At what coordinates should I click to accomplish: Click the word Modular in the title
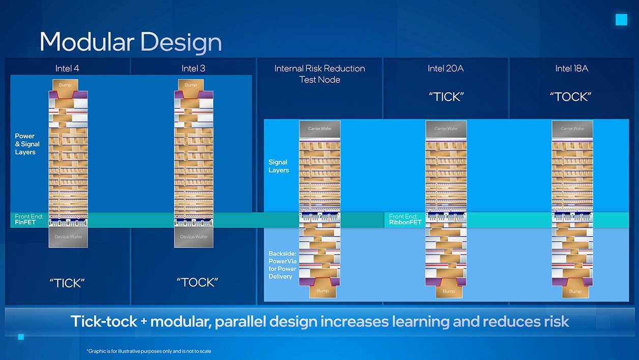(86, 42)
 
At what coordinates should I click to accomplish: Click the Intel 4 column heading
(67, 69)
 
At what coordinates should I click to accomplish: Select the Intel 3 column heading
(193, 69)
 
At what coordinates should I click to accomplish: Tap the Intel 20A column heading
(446, 69)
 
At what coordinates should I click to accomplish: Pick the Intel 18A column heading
(572, 69)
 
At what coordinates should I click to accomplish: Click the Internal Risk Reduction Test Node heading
(319, 74)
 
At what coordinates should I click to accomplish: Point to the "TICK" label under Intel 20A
(446, 97)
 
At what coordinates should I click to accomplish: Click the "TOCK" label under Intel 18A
(570, 97)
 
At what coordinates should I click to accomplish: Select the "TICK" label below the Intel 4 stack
(67, 283)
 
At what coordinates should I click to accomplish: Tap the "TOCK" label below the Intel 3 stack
(197, 283)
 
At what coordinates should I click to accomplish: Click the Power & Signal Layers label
(27, 144)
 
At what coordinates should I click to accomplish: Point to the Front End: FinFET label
(29, 220)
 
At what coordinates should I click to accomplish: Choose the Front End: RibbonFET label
(405, 220)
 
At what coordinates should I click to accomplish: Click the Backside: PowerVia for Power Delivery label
(282, 265)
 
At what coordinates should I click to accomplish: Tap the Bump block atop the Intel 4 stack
(65, 85)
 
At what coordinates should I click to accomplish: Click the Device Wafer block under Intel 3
(194, 237)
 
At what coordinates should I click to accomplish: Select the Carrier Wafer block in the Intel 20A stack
(446, 129)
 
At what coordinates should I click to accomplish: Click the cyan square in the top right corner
(621, 20)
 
